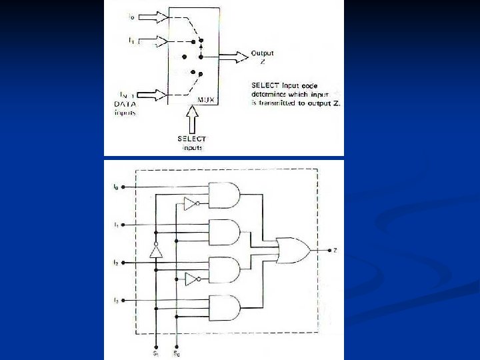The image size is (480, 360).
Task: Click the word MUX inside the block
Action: click(x=206, y=100)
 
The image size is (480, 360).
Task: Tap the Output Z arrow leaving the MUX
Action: click(x=233, y=57)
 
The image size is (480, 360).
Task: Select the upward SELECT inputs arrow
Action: click(x=193, y=121)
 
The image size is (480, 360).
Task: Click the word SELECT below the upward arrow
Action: click(x=192, y=139)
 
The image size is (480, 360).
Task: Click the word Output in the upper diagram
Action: click(x=262, y=53)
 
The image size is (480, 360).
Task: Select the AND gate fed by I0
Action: click(x=225, y=195)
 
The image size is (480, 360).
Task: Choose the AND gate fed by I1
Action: click(x=225, y=232)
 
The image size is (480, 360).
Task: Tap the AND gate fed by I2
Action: click(x=225, y=270)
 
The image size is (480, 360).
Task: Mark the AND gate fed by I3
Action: click(x=225, y=307)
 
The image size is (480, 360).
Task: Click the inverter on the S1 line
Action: click(x=155, y=251)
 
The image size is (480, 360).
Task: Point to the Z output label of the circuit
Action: click(x=335, y=250)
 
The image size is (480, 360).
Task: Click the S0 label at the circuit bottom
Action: click(x=177, y=353)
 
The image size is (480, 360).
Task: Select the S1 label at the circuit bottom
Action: click(x=155, y=353)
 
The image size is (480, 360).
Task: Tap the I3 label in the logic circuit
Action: click(x=115, y=301)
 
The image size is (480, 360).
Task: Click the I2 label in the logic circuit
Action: click(x=115, y=263)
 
